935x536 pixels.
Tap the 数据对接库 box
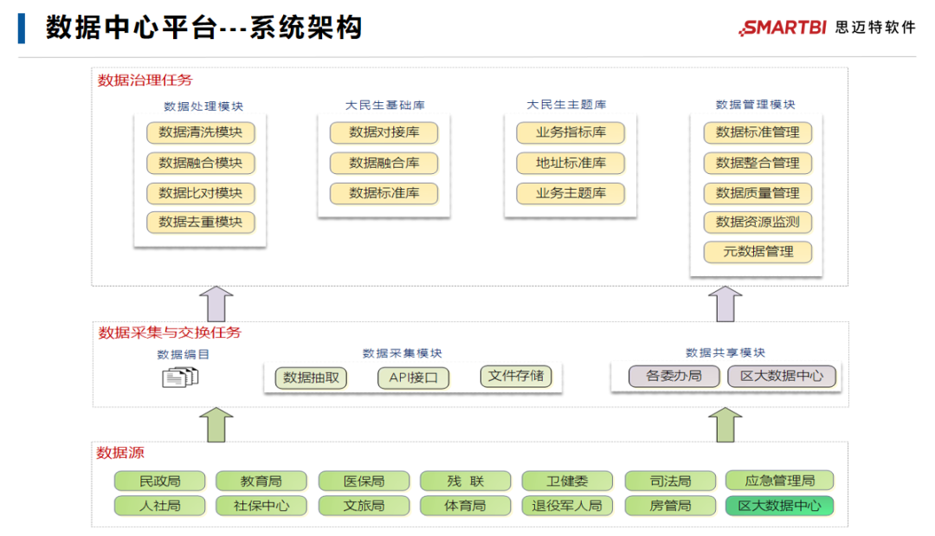coord(384,132)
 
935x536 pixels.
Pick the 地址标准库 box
coord(571,163)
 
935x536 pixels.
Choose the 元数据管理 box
coord(758,252)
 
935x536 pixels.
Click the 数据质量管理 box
coord(758,192)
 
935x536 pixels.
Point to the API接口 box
coord(413,378)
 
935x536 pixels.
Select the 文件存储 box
coord(515,376)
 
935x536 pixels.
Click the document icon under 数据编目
coord(181,377)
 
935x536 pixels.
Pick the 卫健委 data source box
coord(567,481)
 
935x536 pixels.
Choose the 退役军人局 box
coord(567,506)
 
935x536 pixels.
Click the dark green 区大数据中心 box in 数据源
coord(779,506)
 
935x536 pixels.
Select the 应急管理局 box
coord(779,481)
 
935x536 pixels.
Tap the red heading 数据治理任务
coord(145,81)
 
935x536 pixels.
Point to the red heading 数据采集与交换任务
coord(170,333)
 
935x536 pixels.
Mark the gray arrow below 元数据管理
coord(725,304)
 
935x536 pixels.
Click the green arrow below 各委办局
coord(725,424)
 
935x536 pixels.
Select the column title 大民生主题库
coord(566,105)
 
